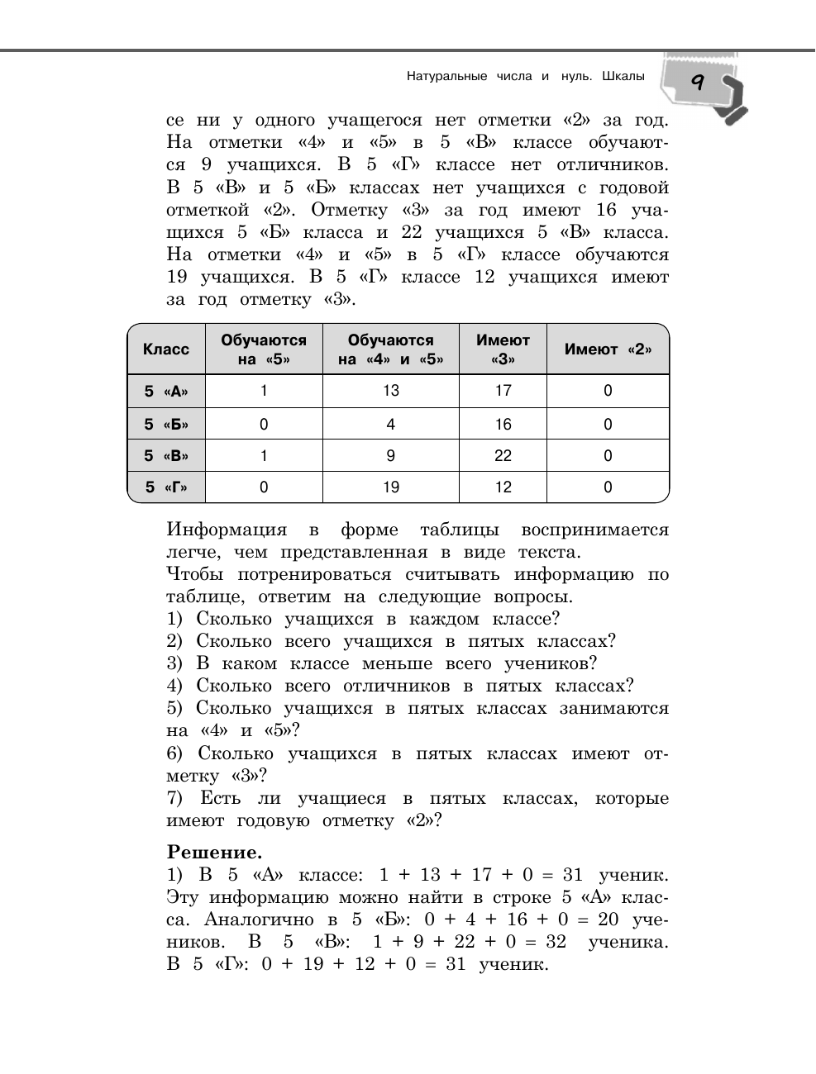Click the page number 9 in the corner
696,82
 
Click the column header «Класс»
166,349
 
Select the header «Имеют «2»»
608,349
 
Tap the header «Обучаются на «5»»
264,349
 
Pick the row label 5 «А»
166,392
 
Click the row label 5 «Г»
166,487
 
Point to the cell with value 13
390,391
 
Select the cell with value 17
503,391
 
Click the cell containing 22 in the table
503,455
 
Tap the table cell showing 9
390,455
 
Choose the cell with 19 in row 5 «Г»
390,487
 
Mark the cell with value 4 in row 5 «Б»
390,425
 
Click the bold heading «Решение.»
214,852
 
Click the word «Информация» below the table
227,530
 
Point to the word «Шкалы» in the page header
623,77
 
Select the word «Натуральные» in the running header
446,77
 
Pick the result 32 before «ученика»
556,942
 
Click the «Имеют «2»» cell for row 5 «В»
608,455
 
